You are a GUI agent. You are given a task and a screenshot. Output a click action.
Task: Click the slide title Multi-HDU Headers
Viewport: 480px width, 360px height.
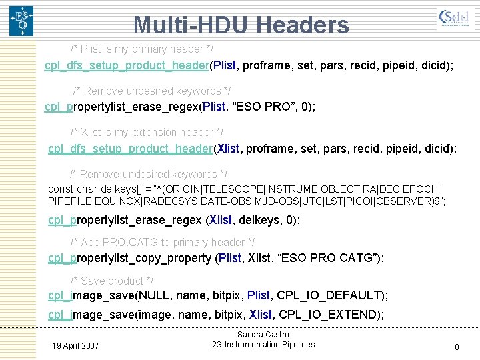(x=241, y=25)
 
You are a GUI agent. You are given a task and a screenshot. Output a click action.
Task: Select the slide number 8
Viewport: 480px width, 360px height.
(x=457, y=347)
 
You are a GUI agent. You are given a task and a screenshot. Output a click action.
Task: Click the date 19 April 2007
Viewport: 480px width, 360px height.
(x=75, y=345)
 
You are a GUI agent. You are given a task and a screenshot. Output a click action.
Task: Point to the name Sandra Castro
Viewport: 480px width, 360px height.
(x=263, y=335)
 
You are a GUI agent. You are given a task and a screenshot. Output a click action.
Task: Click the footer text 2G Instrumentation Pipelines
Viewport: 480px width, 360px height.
(x=263, y=345)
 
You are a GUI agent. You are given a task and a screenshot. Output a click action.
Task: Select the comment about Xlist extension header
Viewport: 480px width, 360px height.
(x=147, y=132)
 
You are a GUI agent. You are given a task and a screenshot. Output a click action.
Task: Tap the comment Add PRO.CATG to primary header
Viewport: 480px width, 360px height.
(x=163, y=242)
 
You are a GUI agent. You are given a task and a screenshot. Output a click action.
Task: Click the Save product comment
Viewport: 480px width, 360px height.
(x=112, y=281)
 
